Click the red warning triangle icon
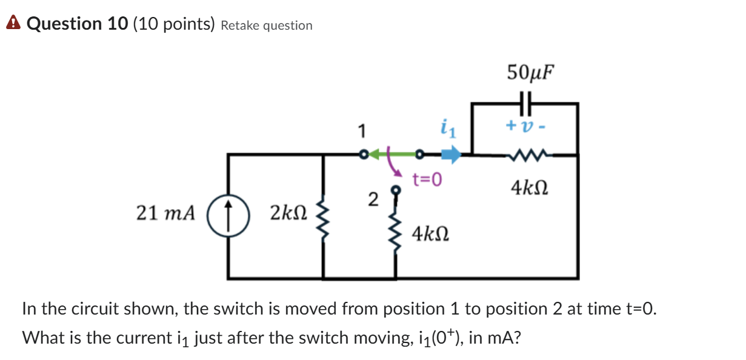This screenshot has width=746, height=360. pos(12,24)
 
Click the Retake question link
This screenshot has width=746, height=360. pos(267,25)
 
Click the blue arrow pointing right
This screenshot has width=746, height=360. pos(450,155)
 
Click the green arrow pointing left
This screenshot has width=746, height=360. pos(379,155)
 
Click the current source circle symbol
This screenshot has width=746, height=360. pos(229,214)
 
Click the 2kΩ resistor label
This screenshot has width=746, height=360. pos(288,213)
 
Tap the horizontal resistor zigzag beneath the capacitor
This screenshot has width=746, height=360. pos(525,156)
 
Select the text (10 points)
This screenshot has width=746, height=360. pos(173,24)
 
